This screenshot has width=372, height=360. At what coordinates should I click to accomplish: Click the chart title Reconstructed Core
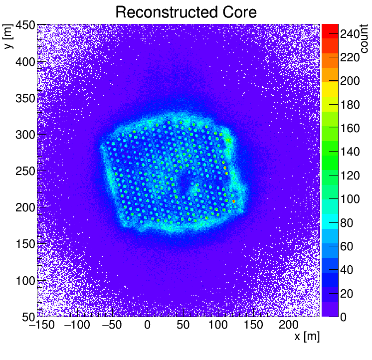(186, 12)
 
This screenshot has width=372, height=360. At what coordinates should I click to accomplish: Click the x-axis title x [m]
(306, 337)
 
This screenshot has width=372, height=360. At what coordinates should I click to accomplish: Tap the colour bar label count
(364, 39)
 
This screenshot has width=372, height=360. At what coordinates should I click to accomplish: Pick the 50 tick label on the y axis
(26, 317)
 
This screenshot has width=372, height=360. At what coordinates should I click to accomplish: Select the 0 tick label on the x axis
(147, 326)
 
